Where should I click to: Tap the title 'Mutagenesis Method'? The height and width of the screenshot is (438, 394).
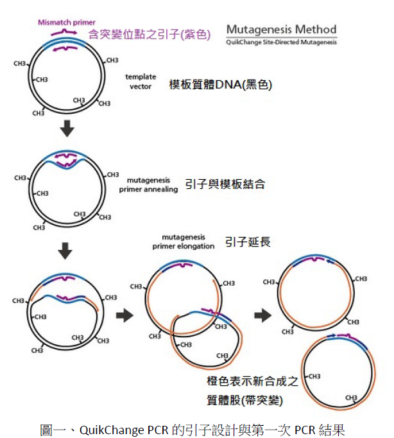[281, 30]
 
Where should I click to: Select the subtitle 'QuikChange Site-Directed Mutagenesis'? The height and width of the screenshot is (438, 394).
[281, 42]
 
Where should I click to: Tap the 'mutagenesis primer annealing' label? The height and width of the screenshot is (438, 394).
[148, 185]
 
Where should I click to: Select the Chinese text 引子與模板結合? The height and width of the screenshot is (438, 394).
[225, 184]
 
